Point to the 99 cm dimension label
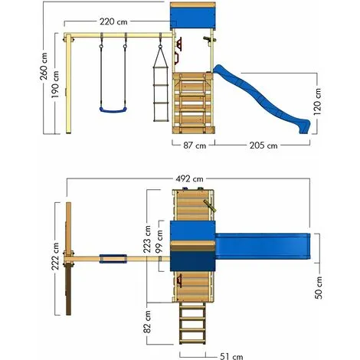(159, 239)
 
